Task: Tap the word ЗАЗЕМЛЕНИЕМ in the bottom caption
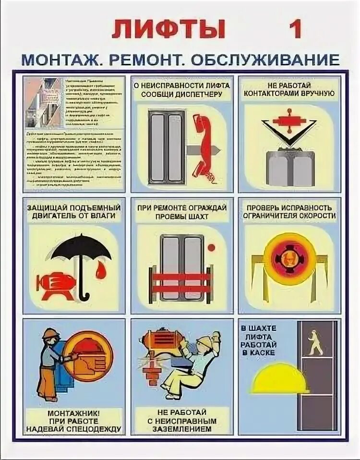click(184, 429)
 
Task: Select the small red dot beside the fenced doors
click(212, 247)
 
